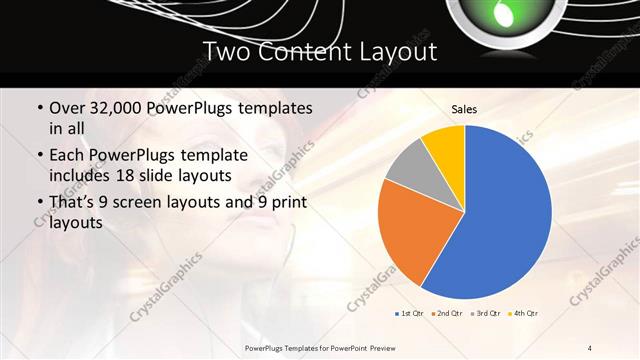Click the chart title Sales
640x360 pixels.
[464, 109]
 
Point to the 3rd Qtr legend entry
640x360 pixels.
[484, 314]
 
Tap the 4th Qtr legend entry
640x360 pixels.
[522, 314]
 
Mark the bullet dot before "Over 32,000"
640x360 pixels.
[39, 108]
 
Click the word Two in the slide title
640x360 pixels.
[226, 51]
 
